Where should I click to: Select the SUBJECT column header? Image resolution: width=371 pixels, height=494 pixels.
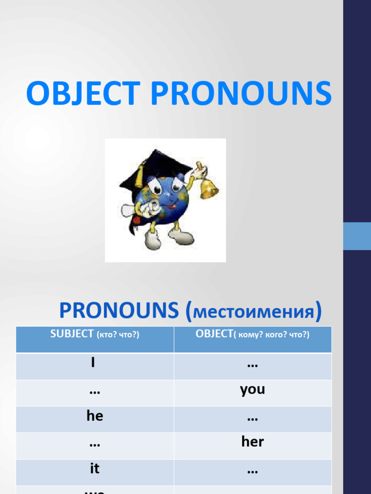(x=95, y=334)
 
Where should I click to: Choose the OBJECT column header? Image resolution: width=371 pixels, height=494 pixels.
(x=252, y=334)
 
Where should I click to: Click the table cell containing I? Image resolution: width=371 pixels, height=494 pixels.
(x=95, y=364)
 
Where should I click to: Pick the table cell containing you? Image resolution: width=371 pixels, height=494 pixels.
(x=252, y=390)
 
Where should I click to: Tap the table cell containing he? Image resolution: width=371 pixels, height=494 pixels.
(x=95, y=416)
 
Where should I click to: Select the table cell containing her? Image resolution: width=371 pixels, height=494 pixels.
(x=252, y=442)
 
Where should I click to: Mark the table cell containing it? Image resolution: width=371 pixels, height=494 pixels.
(x=95, y=468)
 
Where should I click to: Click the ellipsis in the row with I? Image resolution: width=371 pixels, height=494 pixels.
(x=252, y=365)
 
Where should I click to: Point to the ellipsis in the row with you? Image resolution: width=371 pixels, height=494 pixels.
(x=95, y=391)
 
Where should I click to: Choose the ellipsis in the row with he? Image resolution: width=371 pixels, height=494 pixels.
(x=252, y=418)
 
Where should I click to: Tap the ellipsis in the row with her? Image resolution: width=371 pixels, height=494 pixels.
(x=95, y=443)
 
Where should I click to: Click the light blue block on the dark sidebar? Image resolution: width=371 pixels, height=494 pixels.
(x=357, y=236)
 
